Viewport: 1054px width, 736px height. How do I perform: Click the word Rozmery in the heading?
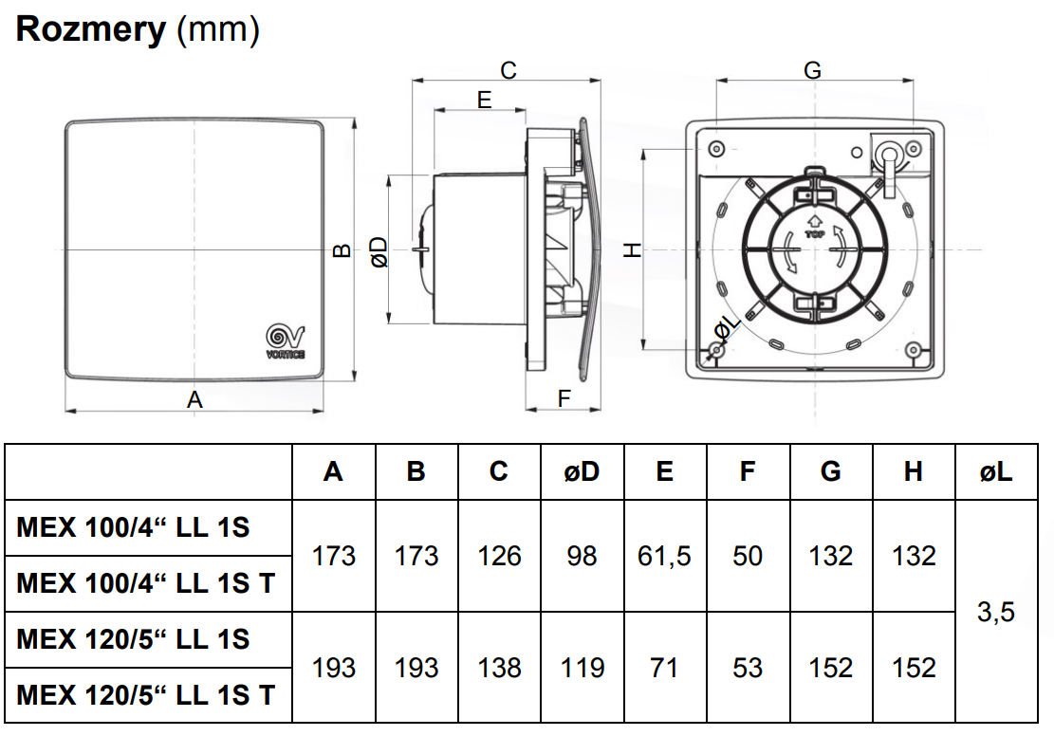click(91, 30)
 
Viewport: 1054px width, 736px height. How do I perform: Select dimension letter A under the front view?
click(194, 400)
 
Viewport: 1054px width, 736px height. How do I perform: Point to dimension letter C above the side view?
click(509, 70)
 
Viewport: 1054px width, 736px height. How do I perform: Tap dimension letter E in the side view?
click(484, 100)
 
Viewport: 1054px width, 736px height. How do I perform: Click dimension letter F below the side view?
click(564, 398)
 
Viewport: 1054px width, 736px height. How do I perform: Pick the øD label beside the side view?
click(379, 251)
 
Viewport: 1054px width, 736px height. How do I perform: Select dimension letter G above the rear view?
click(812, 70)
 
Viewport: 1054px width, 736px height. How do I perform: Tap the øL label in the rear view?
click(726, 328)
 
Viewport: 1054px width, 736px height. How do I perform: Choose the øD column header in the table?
click(582, 471)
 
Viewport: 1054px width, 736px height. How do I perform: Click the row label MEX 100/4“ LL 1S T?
click(146, 583)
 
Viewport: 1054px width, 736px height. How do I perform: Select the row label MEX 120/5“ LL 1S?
click(134, 639)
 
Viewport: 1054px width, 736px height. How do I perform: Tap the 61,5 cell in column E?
click(664, 556)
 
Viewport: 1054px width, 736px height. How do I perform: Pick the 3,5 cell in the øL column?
click(996, 612)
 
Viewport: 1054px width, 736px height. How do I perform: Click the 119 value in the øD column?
click(582, 668)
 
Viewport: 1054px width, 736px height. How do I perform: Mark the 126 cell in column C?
click(499, 556)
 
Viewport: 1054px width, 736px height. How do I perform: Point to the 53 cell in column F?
click(748, 668)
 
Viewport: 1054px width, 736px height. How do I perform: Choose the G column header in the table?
click(830, 471)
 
